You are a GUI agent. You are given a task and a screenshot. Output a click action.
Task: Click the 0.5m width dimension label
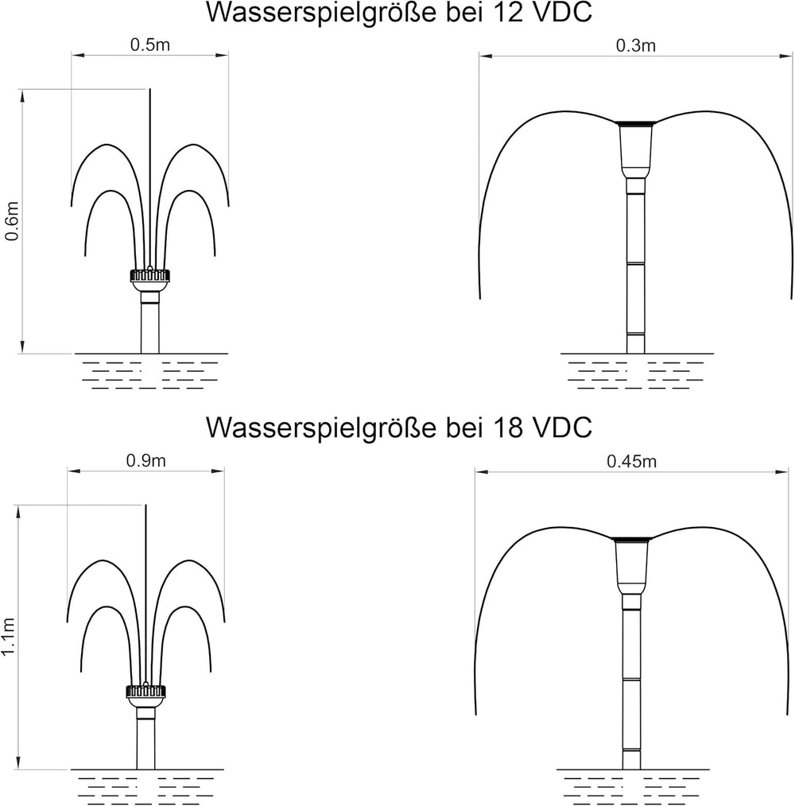point(149,45)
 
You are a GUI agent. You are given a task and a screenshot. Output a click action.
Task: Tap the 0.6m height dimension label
point(12,221)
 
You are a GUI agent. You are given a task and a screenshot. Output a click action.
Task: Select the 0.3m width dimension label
point(635,46)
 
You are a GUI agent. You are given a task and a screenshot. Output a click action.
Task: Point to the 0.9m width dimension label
point(146,460)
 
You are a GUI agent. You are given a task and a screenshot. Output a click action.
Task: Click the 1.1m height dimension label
point(8,637)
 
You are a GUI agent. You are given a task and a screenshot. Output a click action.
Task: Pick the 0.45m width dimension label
point(631,462)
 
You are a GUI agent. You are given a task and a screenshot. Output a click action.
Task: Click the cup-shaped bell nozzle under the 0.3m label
point(635,150)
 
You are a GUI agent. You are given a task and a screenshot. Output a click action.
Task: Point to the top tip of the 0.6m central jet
point(149,89)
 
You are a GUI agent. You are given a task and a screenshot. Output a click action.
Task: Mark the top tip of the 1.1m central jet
point(146,505)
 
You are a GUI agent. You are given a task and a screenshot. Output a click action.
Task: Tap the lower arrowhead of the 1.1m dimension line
point(18,763)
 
